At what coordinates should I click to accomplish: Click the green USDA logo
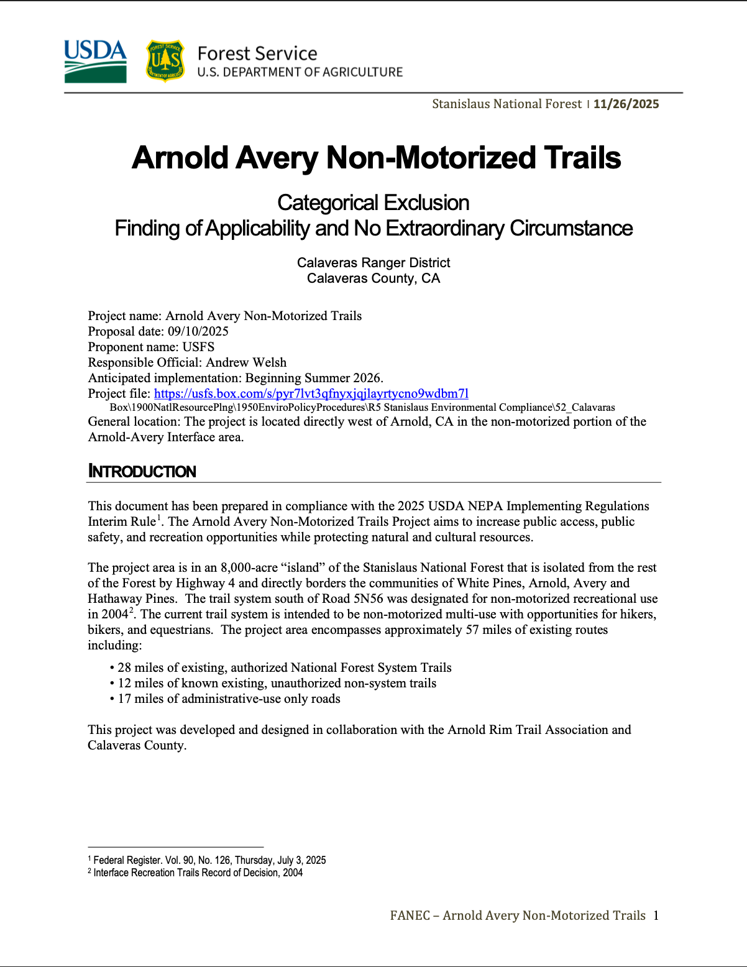point(95,61)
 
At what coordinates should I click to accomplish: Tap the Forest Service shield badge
point(165,61)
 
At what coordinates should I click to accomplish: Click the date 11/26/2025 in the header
point(626,104)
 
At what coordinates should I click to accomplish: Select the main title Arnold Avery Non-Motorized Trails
point(376,158)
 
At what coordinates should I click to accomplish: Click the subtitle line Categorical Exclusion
point(373,203)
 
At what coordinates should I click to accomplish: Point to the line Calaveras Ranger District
point(373,263)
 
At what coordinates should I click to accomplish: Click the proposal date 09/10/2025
point(198,331)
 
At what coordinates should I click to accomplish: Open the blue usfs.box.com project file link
point(311,393)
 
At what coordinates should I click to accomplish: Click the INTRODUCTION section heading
point(142,472)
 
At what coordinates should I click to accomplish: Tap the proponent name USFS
point(198,347)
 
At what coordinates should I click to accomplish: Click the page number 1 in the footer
point(656,915)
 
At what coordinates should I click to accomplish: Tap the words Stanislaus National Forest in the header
point(506,104)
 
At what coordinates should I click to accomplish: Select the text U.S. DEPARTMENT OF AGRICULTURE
point(300,72)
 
